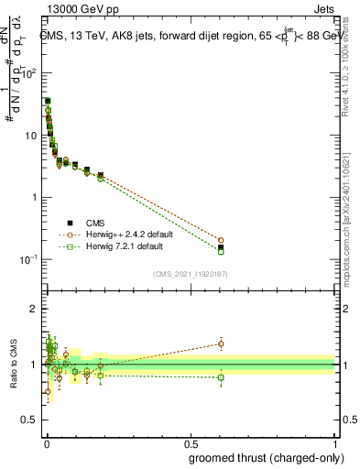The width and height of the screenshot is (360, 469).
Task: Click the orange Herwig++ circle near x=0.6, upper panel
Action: pos(221,240)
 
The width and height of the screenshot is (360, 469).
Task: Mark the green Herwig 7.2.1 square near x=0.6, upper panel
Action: pos(221,251)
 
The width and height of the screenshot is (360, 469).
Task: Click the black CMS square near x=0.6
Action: pos(221,247)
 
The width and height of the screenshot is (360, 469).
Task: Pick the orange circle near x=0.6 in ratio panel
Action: pos(221,344)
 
